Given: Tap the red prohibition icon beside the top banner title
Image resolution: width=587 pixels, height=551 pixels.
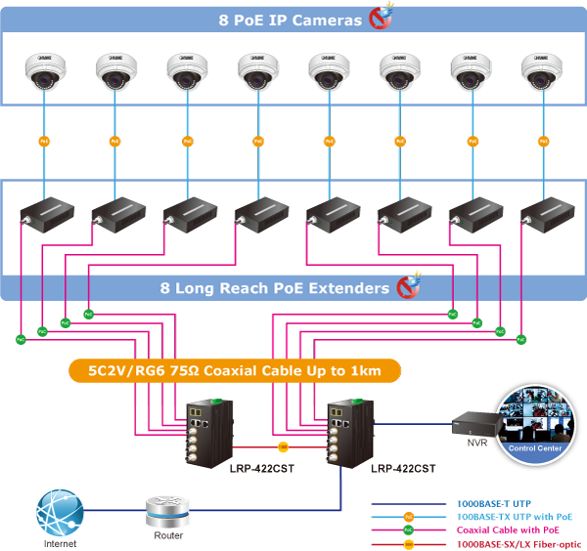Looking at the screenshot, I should point(381,19).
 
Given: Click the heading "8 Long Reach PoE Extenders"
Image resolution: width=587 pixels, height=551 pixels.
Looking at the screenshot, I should point(275,288).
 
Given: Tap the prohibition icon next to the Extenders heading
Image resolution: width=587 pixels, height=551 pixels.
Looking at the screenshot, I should point(408,287).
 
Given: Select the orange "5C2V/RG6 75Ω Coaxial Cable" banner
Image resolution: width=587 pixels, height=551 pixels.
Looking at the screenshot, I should point(235,370).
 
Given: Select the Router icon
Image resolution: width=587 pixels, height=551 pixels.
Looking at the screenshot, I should point(166,512).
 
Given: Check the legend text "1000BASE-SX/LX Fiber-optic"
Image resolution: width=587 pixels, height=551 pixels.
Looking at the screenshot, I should point(519,543).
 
